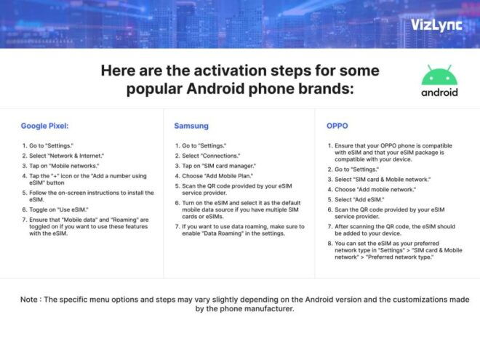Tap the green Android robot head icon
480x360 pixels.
pos(439,76)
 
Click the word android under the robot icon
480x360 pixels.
pos(439,92)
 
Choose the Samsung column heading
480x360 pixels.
pos(191,126)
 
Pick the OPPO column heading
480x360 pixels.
pos(337,126)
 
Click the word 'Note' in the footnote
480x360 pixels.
pos(31,299)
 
